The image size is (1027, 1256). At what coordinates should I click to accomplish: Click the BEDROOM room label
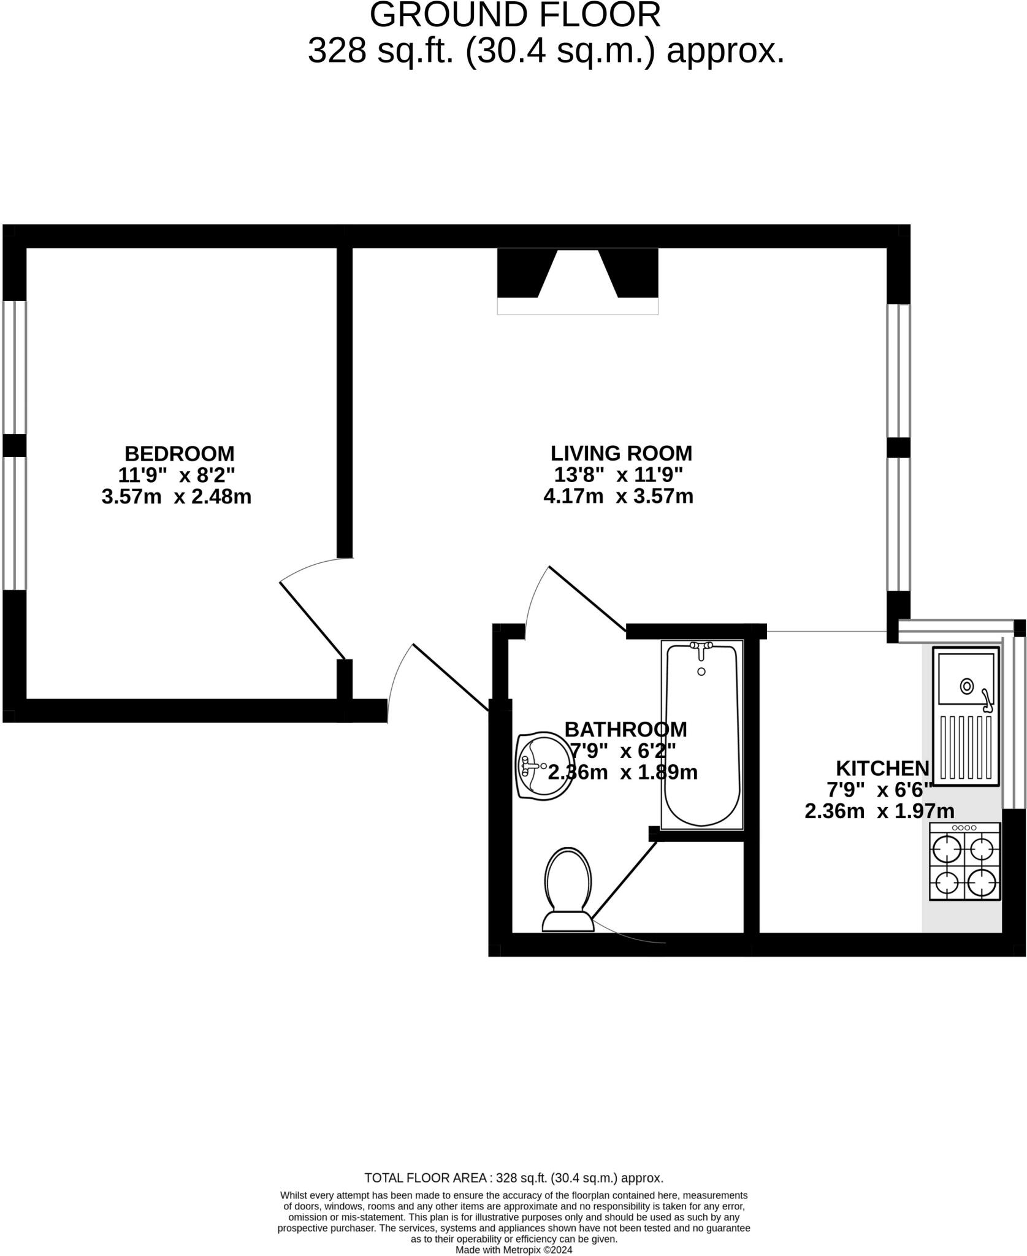tap(179, 453)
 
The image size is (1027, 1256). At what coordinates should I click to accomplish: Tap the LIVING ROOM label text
tap(620, 453)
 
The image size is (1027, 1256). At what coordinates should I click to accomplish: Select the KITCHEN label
tap(882, 768)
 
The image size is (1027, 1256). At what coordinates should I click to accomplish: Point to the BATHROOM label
tap(625, 729)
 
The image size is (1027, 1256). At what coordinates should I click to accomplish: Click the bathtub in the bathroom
tap(701, 736)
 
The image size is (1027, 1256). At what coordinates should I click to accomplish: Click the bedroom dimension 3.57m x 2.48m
tap(177, 496)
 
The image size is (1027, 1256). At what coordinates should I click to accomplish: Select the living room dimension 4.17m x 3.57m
tap(618, 496)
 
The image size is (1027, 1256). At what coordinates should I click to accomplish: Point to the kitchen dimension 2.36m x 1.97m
tap(879, 811)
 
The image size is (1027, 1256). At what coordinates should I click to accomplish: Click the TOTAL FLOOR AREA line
tap(514, 1177)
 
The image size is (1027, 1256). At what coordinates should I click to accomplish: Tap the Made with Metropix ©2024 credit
tap(514, 1249)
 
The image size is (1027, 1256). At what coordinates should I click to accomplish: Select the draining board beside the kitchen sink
tap(966, 748)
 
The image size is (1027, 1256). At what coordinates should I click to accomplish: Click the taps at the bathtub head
tap(701, 648)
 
